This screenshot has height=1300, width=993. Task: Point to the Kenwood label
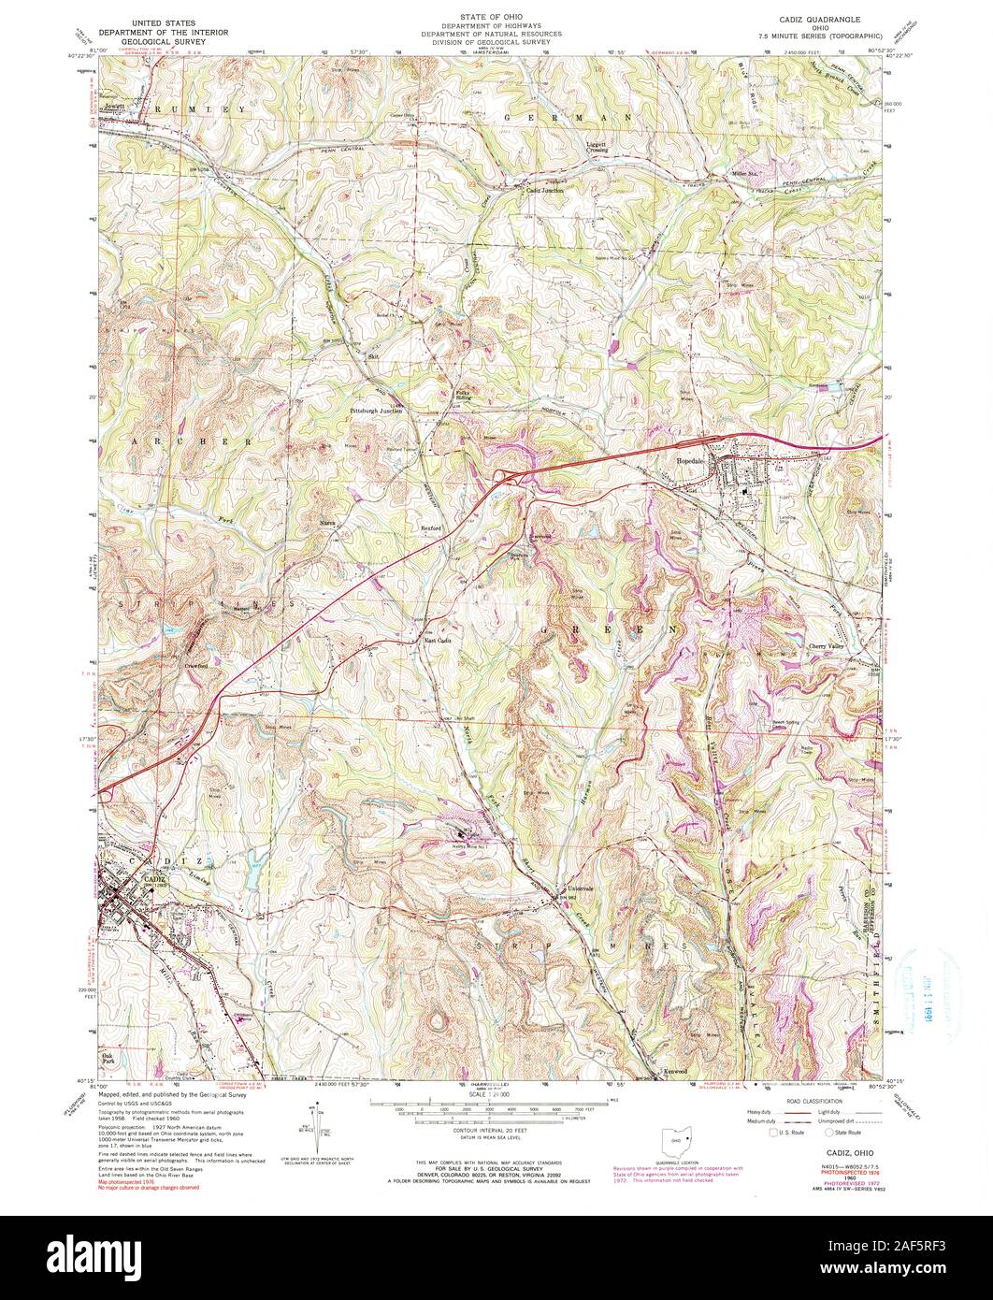[x=677, y=1069]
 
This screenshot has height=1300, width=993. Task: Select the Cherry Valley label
[x=829, y=647]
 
